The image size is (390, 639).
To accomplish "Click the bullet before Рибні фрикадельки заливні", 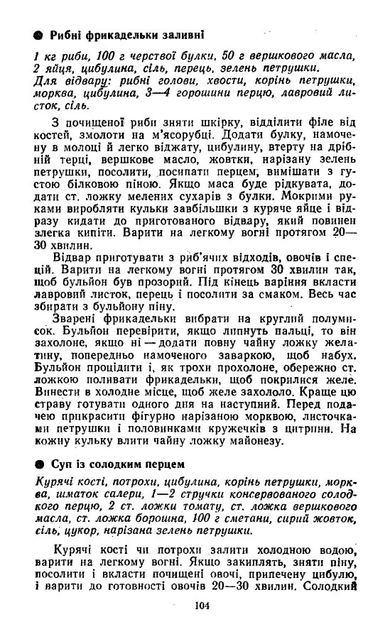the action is click(x=39, y=33).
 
